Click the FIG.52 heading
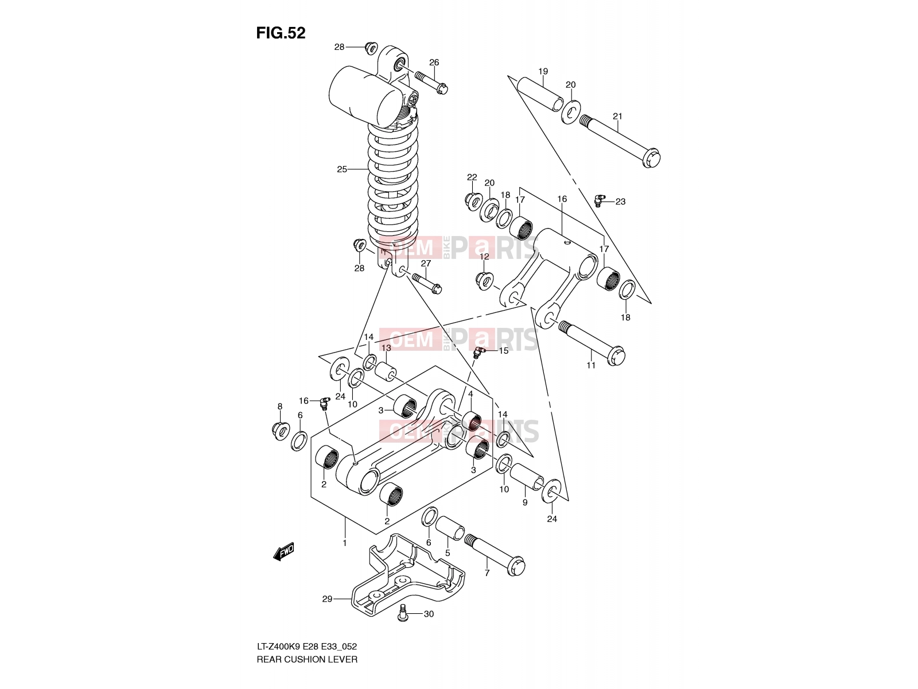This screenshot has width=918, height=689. click(x=281, y=33)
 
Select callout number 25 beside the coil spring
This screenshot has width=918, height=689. click(x=342, y=169)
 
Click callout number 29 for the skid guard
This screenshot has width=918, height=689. click(x=327, y=599)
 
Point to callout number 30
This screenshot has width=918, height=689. click(x=429, y=614)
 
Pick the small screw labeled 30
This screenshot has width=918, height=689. click(x=403, y=613)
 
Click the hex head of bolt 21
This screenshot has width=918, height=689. click(x=651, y=158)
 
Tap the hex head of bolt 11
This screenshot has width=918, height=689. click(x=616, y=356)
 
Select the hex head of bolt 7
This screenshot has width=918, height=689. click(x=516, y=566)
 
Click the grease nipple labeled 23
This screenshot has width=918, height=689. click(x=600, y=200)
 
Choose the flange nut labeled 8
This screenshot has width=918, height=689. click(x=281, y=431)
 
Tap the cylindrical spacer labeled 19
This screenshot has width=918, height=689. click(x=540, y=94)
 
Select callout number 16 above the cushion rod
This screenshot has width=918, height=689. click(x=562, y=199)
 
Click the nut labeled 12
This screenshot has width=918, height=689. click(x=485, y=281)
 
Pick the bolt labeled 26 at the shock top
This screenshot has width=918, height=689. click(x=431, y=83)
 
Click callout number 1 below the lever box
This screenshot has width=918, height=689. click(x=345, y=543)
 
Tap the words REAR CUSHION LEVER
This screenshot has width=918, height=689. click(x=307, y=660)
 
